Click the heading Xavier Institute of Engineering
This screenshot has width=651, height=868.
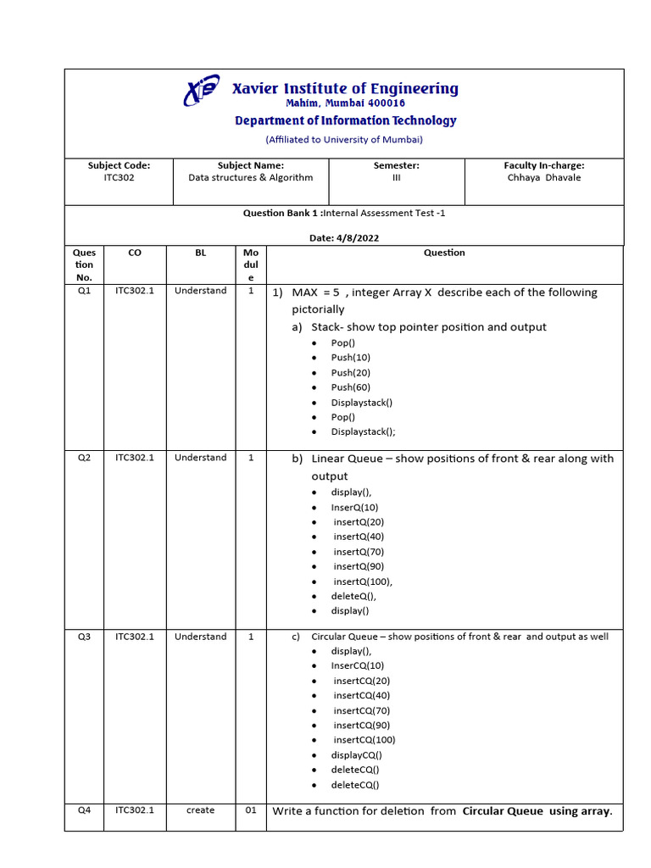tap(345, 89)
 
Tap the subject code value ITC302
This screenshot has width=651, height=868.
tap(119, 178)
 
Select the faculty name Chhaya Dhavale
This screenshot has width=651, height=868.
tap(543, 178)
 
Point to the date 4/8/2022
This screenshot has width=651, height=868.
tap(357, 238)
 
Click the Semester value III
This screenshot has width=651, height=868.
tap(396, 178)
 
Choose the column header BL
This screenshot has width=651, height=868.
tap(200, 253)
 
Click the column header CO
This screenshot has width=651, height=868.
tap(135, 253)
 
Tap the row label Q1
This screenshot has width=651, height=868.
tap(84, 291)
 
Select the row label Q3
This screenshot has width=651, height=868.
tap(84, 637)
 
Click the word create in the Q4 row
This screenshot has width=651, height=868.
tap(200, 810)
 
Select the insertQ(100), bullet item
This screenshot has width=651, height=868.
tap(363, 581)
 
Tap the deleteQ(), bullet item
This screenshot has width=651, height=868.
tap(353, 596)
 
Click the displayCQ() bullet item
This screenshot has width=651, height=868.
tap(356, 755)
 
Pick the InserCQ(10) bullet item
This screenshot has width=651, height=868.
tap(357, 666)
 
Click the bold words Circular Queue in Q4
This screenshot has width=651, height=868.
tap(503, 811)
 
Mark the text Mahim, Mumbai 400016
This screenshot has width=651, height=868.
tap(345, 103)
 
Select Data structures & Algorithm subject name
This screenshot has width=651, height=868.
tap(250, 178)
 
